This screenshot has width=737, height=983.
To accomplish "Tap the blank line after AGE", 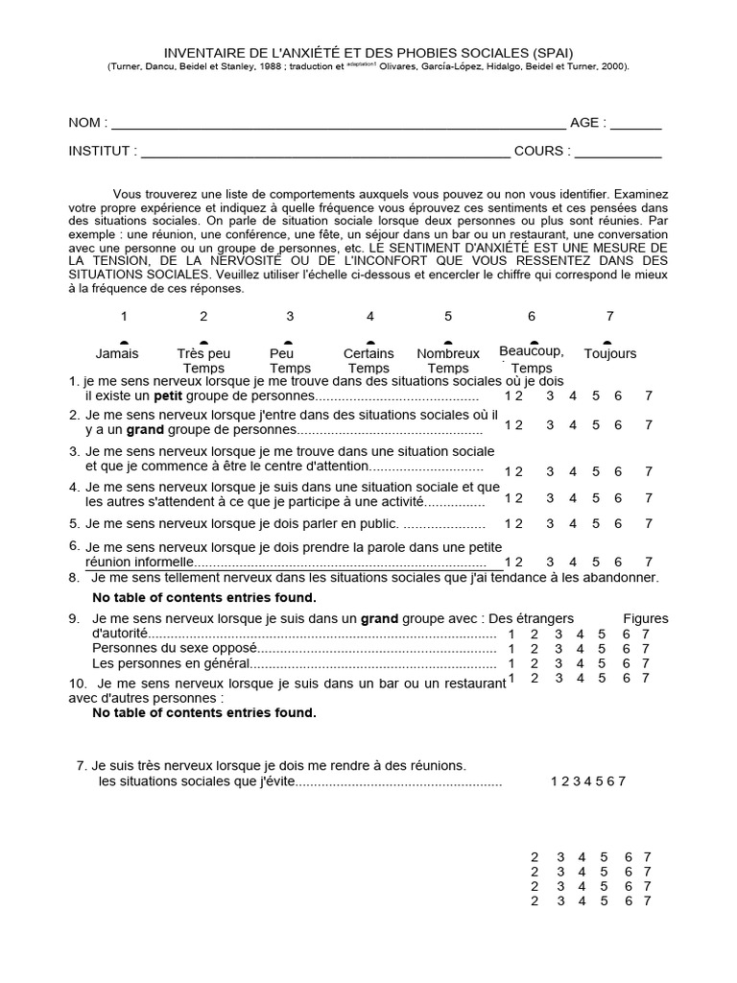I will (635, 125).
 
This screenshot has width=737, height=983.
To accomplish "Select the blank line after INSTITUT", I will (325, 153).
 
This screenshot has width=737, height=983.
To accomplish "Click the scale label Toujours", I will (609, 354).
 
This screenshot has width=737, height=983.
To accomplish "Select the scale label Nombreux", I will (448, 354).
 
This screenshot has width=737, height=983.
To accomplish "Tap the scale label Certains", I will (368, 354).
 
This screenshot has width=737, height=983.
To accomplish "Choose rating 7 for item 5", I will (649, 524).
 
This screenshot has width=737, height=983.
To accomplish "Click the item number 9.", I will (74, 619).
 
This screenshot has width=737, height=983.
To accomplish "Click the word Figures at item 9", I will (646, 619).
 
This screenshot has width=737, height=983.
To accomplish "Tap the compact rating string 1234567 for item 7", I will (587, 781).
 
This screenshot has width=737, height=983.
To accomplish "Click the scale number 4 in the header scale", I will (370, 317).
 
